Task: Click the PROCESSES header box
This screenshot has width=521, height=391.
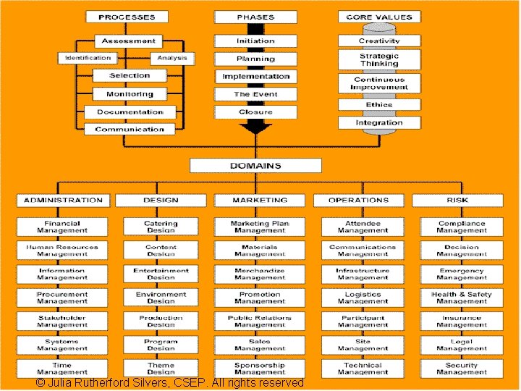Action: pos(127,17)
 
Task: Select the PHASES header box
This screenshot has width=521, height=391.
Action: pos(255,17)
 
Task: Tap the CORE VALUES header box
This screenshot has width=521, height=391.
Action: pos(379,17)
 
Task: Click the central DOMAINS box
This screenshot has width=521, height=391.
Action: pos(255,166)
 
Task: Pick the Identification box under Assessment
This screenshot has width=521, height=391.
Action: pos(88,58)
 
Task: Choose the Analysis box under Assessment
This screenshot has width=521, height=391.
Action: pos(172,58)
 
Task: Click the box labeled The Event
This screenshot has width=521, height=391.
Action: pos(255,94)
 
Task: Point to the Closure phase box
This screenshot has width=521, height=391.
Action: pos(255,112)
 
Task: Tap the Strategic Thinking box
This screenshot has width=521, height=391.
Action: pos(379,59)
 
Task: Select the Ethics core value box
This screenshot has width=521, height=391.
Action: pos(379,105)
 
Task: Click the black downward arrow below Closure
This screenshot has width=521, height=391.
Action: pos(255,127)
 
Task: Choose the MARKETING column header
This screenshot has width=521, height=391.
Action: pos(260,200)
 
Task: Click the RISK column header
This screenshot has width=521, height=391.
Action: pos(457,200)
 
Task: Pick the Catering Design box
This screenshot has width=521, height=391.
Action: pos(161,227)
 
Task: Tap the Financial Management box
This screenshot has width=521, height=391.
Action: pos(62,227)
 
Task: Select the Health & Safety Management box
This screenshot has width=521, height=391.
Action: pos(462,298)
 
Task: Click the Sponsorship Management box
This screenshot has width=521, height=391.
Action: pos(260,369)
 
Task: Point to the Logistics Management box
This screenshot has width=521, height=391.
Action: pos(363,298)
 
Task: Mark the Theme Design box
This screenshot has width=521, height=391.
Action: pos(161,369)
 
